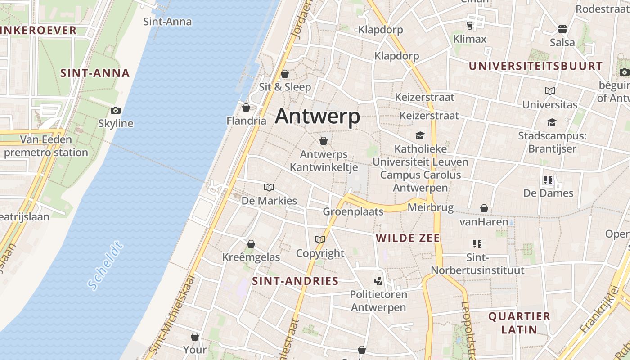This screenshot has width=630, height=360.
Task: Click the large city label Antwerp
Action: [x=317, y=116]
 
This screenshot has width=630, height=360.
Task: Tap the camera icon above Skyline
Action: [x=116, y=110]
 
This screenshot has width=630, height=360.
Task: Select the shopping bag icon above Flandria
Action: [x=246, y=108]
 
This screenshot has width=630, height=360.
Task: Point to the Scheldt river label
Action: [x=105, y=265]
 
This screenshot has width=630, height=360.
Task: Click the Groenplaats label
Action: [x=353, y=211]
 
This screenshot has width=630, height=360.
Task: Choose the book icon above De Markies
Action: [x=269, y=187]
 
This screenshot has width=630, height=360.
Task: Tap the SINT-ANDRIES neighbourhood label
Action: [x=295, y=281]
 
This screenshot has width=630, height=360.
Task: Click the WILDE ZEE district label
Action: [x=408, y=238]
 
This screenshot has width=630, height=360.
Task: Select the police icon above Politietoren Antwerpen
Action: [x=378, y=281]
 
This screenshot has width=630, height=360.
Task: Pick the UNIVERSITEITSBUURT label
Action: [x=535, y=66]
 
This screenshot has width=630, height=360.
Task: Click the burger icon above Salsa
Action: [x=562, y=29]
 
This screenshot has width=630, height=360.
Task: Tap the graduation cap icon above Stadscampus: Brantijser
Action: [x=552, y=122]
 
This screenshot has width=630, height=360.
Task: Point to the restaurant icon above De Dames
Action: [x=548, y=180]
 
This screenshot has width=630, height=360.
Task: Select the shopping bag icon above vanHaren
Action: [x=484, y=208]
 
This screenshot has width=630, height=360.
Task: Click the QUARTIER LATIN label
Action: [x=519, y=323]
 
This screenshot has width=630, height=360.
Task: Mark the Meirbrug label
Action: [x=426, y=207]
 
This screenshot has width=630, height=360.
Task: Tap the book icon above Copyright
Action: [x=320, y=239]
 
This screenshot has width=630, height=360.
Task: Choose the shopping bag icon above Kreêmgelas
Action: [x=251, y=244]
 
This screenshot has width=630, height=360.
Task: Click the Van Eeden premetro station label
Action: [x=46, y=146]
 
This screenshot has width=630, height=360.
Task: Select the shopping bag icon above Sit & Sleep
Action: [x=285, y=74]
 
